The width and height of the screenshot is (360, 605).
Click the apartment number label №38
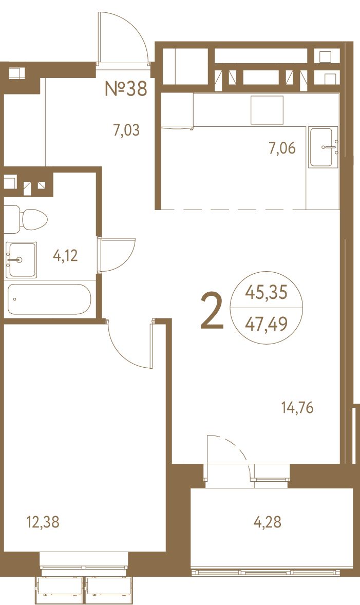click(x=126, y=88)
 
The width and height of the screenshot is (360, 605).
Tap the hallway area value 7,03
click(x=126, y=130)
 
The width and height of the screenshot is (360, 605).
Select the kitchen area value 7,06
click(x=282, y=148)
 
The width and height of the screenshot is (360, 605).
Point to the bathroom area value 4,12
click(x=65, y=255)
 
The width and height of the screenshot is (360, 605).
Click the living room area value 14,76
click(x=297, y=407)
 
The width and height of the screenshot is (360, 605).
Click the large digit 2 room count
click(x=212, y=311)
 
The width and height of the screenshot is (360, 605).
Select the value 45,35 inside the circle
click(x=267, y=293)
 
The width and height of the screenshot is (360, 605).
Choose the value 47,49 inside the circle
click(x=267, y=325)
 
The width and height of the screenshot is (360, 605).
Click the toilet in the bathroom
click(x=26, y=219)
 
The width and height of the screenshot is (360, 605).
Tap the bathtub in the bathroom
click(x=49, y=299)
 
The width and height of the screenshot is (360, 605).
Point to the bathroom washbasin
click(x=22, y=260)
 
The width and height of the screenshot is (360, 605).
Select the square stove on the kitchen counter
click(x=267, y=110)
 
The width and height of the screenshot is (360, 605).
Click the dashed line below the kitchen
click(x=234, y=210)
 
